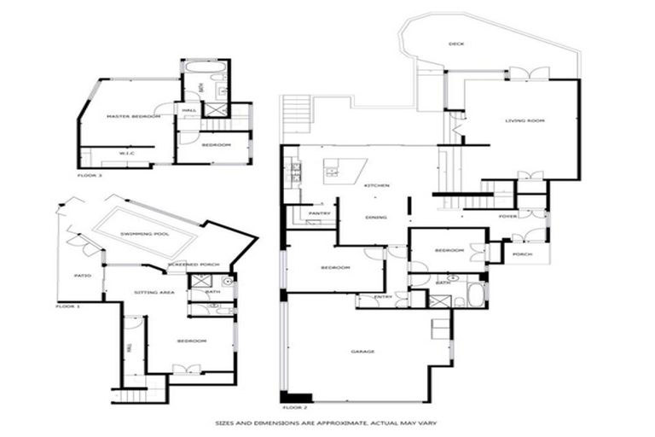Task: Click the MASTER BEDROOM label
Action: [133, 116]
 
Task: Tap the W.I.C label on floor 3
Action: [127, 154]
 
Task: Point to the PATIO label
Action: [83, 276]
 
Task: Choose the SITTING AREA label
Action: [154, 293]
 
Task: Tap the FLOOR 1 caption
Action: [67, 306]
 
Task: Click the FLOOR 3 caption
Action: [90, 175]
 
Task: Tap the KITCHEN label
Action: [377, 185]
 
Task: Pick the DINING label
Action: [376, 218]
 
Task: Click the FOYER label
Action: [508, 217]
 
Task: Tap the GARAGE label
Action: [364, 351]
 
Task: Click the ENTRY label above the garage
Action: [382, 296]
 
